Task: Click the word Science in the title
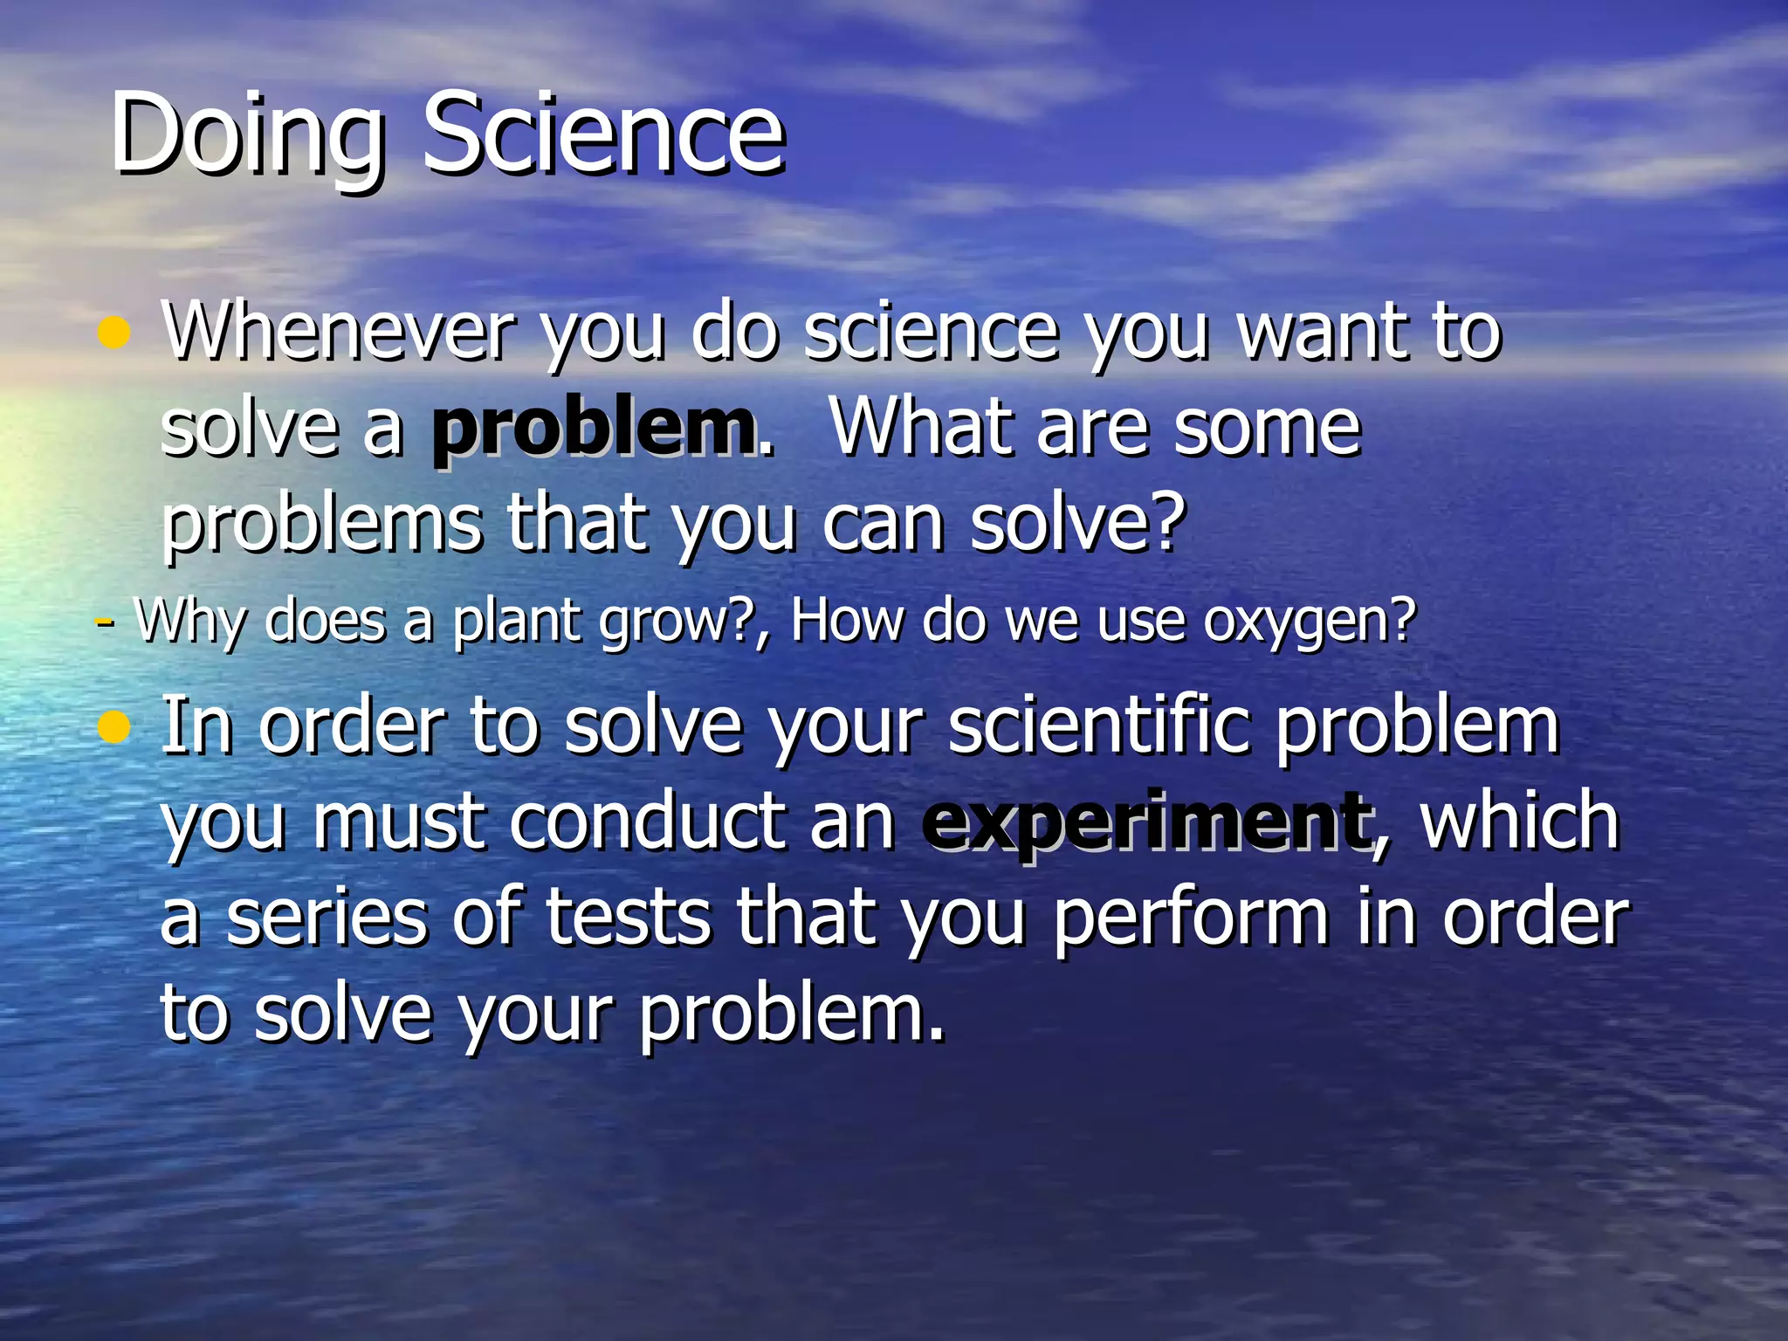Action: pos(603,134)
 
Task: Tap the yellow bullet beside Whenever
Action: pos(114,333)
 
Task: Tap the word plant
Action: pos(514,622)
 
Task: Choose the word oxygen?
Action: pos(1309,622)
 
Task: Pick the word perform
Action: pos(1191,918)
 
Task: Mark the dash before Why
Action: pos(104,622)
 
